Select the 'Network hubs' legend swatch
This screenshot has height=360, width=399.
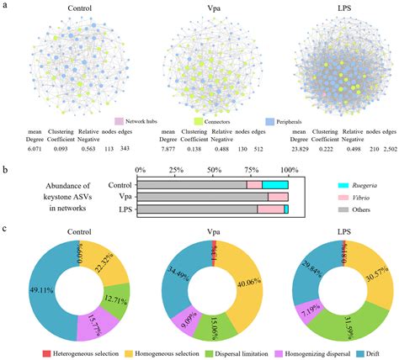point(119,121)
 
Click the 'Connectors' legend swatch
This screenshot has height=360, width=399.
point(202,121)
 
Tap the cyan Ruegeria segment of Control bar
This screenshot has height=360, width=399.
point(275,184)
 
